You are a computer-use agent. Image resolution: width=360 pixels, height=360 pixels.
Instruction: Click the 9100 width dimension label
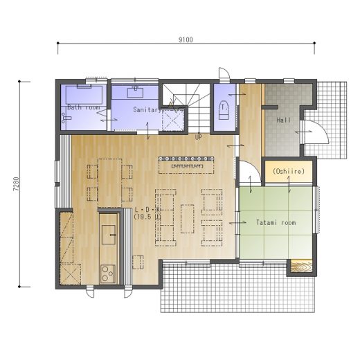click(x=186, y=39)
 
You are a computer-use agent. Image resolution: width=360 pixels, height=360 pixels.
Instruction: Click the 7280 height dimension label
click(x=16, y=184)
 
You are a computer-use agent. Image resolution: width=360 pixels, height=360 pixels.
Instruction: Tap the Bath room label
click(x=84, y=107)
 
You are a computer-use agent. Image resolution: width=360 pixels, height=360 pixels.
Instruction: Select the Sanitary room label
click(x=147, y=109)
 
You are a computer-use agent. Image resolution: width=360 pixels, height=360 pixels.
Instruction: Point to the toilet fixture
click(x=224, y=110)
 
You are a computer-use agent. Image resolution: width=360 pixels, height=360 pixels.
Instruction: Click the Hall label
click(x=284, y=120)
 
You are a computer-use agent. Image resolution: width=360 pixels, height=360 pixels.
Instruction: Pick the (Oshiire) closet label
click(x=289, y=171)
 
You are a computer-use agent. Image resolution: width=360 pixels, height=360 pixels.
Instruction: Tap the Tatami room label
click(x=276, y=223)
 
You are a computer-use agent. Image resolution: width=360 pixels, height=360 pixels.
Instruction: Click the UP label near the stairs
click(x=199, y=137)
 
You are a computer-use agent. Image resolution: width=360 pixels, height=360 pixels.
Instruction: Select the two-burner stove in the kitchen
click(x=108, y=273)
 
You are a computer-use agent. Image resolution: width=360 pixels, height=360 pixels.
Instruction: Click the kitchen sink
click(x=109, y=235)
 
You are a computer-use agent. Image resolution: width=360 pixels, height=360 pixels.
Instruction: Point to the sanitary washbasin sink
click(x=135, y=92)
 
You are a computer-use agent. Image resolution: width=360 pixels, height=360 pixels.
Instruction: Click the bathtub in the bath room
click(x=84, y=95)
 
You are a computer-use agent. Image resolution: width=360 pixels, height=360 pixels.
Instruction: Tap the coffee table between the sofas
click(x=187, y=219)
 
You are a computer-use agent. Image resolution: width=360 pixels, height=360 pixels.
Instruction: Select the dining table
click(x=110, y=183)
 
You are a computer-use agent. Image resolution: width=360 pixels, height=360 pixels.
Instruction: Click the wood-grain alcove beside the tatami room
click(x=301, y=266)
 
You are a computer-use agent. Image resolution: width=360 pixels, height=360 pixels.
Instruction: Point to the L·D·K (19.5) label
click(x=147, y=213)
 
